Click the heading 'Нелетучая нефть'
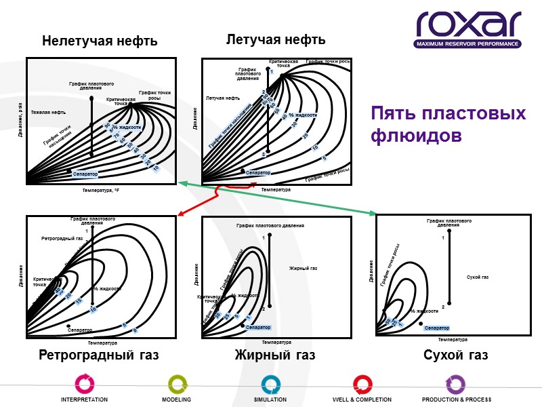100,42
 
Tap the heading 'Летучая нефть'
275,40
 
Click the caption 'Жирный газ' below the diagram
275,355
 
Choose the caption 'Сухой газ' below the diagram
455,355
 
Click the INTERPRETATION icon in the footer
84,385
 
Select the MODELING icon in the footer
176,385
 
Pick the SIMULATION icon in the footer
270,385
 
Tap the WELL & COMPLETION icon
362,385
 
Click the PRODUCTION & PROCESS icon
456,385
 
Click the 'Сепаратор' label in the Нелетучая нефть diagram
85,174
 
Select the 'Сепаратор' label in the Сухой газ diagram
437,328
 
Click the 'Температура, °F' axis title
101,191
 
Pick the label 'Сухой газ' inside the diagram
478,277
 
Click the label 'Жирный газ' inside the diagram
303,269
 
